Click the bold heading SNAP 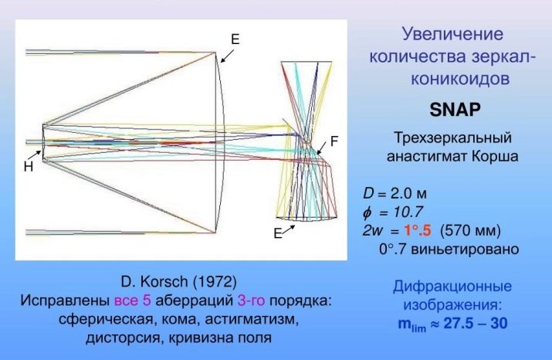455,110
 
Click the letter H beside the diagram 29,167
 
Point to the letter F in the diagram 334,141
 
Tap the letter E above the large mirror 235,39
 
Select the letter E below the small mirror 278,233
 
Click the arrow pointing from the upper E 227,56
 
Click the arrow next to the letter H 34,155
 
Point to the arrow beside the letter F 322,148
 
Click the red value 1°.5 417,230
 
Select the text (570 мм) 470,231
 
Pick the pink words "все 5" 133,301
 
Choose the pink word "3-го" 252,301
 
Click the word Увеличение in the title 452,34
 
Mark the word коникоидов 460,78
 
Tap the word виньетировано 465,249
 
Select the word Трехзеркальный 452,138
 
